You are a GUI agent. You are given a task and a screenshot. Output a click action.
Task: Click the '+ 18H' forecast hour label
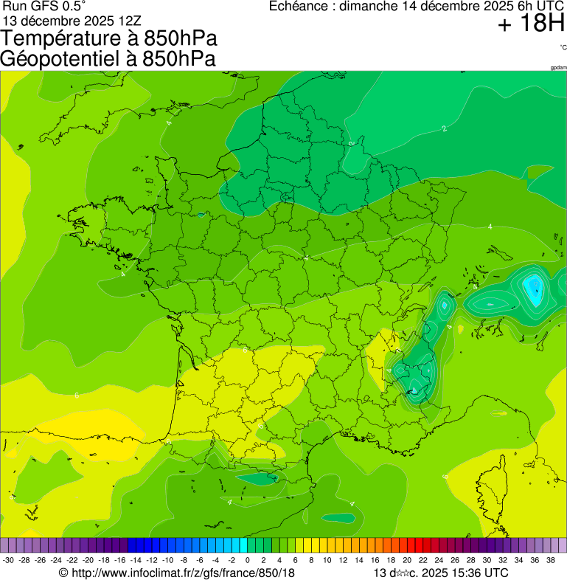(531, 24)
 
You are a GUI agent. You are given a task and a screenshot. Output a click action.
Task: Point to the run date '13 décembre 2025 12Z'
(77, 21)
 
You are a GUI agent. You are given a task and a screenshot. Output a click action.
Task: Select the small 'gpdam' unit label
(558, 68)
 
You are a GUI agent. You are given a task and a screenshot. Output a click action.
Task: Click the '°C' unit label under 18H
(563, 47)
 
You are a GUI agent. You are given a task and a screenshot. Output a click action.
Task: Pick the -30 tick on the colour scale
(8, 561)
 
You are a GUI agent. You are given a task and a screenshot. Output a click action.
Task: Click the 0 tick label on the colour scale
(247, 561)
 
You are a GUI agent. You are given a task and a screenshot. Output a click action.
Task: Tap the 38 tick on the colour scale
(550, 561)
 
